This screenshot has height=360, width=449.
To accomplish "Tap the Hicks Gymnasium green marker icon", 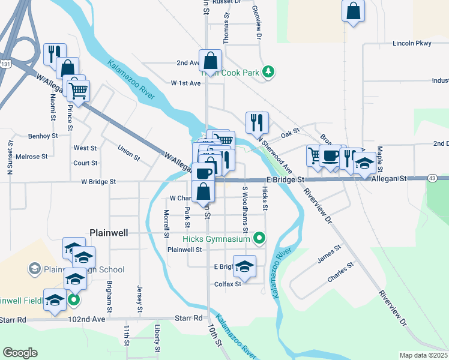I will point(259,239).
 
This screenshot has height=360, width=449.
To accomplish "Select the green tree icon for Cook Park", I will point(269,73).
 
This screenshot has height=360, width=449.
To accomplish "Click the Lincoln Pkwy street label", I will point(412,43).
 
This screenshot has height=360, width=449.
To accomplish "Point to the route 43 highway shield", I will point(432,178).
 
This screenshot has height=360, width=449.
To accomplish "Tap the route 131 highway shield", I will point(5,64).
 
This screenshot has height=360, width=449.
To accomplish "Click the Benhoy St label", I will point(43,136).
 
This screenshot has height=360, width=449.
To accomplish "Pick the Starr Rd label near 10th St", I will point(188,318).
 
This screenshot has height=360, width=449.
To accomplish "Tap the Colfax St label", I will point(228,284).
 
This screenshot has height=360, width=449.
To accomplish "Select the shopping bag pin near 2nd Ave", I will point(211,61).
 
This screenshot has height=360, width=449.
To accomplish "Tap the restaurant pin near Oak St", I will point(257,122).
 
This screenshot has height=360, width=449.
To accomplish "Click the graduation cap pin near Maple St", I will point(364,163).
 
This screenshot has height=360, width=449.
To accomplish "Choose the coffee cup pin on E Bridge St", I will point(330,157).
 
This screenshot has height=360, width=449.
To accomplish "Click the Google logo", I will point(20,353).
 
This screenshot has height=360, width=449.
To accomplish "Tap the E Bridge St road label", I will point(287,179).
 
